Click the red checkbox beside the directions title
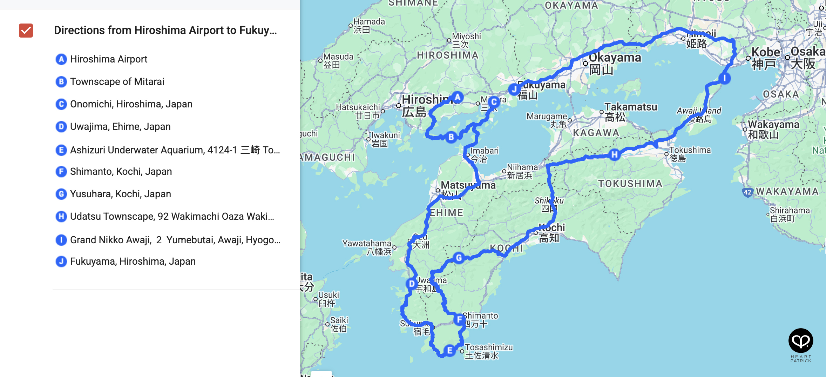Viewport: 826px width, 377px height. (x=26, y=31)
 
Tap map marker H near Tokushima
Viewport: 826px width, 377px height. (x=614, y=154)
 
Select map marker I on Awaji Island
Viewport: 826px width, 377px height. (x=724, y=78)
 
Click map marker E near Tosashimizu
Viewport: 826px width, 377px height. (x=449, y=350)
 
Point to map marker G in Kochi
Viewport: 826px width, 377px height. (x=459, y=258)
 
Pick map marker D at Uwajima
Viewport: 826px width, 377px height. (x=412, y=284)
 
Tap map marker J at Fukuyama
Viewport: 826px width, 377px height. (x=514, y=90)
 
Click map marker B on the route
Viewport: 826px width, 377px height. (x=451, y=137)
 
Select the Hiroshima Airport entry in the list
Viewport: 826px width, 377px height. (x=109, y=59)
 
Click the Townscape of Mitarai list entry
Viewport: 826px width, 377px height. (x=117, y=81)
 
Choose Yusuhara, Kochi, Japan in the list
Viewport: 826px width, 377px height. (x=120, y=194)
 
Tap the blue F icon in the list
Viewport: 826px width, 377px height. (x=61, y=172)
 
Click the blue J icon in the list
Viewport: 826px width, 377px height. (x=61, y=262)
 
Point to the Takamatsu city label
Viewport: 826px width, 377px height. (x=630, y=107)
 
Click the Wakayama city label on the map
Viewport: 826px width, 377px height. (x=773, y=125)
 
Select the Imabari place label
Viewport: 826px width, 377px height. (x=484, y=151)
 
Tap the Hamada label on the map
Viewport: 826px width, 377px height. (x=369, y=22)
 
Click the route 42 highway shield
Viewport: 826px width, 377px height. (x=747, y=192)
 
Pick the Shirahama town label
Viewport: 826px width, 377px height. (x=790, y=211)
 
